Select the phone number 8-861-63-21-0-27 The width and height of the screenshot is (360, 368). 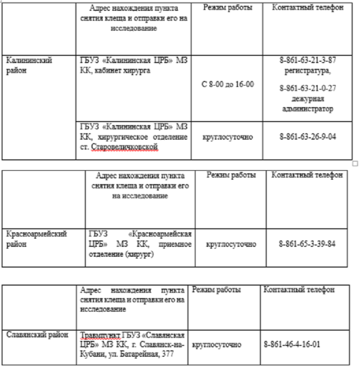(307, 88)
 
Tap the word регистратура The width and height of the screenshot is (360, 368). (307, 70)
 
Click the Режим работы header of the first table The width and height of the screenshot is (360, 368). (228, 8)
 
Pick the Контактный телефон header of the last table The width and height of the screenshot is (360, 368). (299, 290)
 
